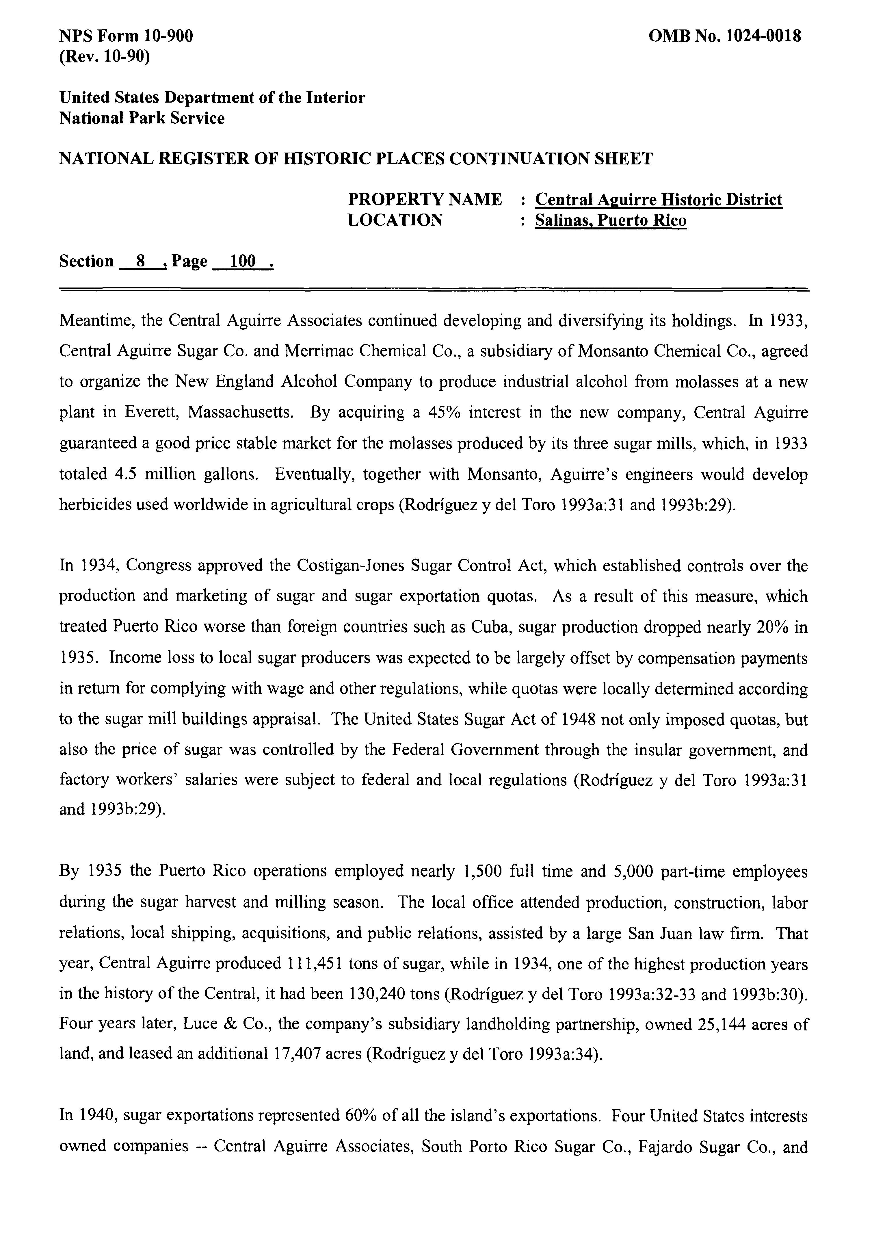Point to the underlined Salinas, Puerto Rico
[610, 220]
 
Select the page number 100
[242, 262]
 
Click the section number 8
[141, 262]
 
